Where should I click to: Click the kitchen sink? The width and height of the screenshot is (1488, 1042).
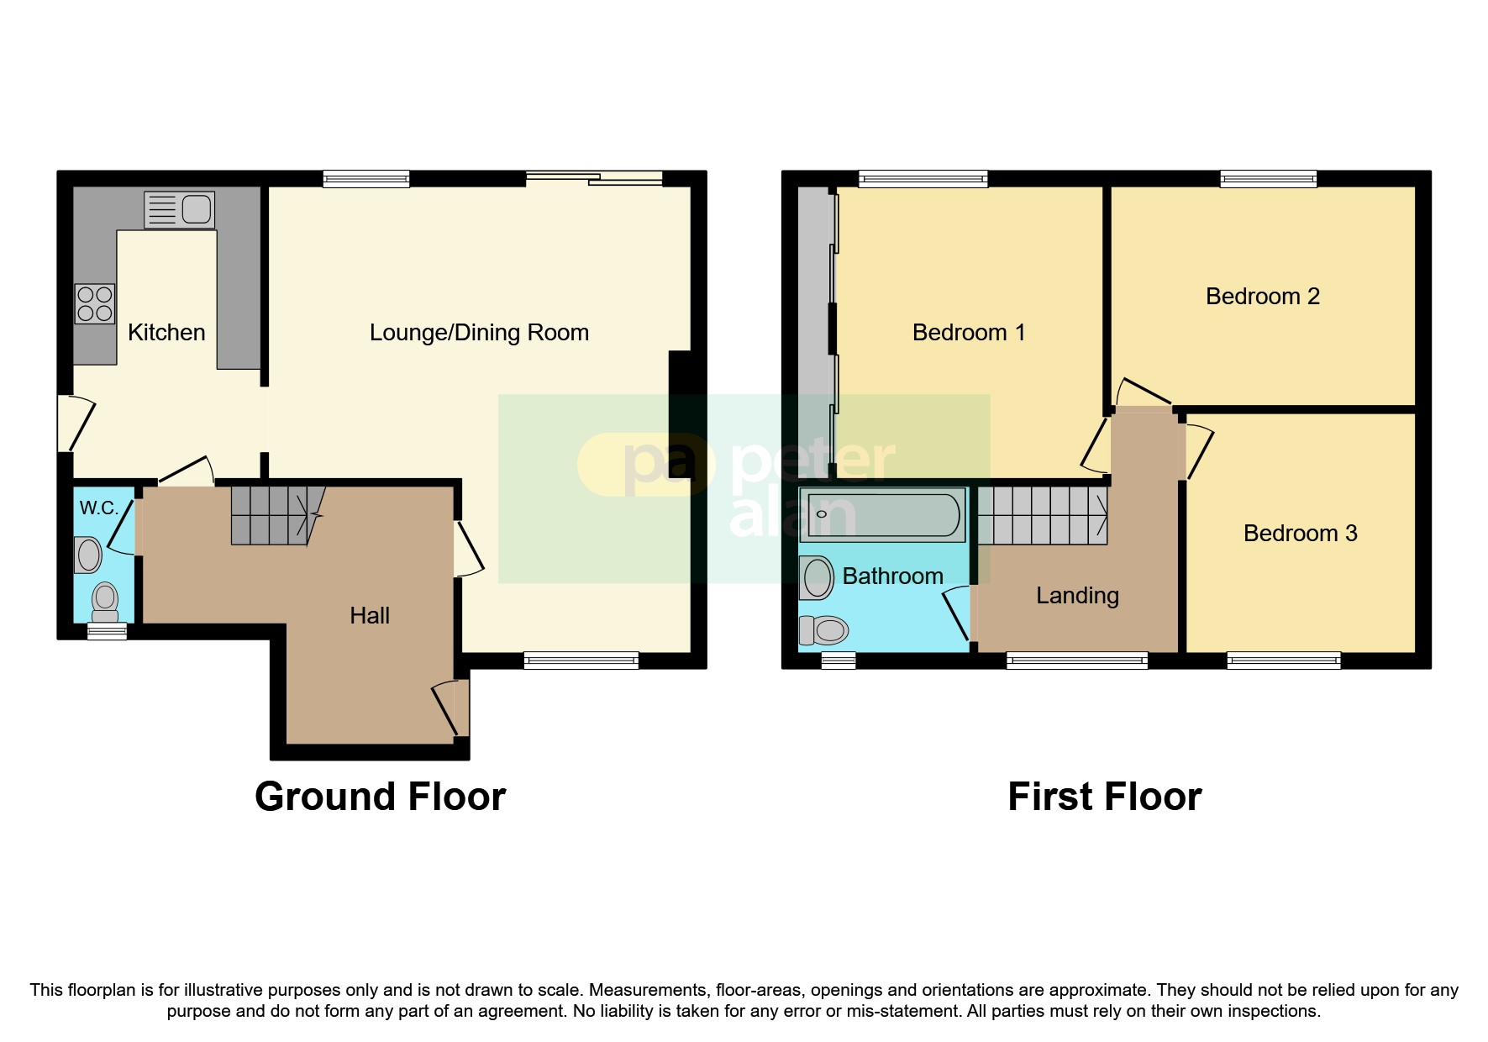tap(180, 209)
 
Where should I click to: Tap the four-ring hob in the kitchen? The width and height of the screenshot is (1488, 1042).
tap(95, 304)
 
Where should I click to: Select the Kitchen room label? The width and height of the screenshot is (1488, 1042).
tap(166, 333)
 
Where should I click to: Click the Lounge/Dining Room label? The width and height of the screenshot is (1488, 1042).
tap(479, 333)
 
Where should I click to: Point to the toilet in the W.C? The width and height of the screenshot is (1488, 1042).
tap(105, 601)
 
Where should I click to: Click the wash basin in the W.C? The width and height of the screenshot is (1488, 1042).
tap(88, 555)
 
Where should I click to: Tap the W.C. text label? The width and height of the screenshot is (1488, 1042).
tap(98, 508)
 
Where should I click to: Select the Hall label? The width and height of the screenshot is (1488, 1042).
tap(370, 616)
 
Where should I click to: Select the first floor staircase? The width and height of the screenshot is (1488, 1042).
tap(1042, 515)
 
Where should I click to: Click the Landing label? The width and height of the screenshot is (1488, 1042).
tap(1077, 596)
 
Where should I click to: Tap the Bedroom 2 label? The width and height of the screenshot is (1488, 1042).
tap(1262, 297)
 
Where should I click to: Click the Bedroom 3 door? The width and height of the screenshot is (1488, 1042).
tap(1199, 452)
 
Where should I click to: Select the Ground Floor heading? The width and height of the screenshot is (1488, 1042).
tap(380, 797)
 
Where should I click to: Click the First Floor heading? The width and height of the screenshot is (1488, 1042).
tap(1104, 797)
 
